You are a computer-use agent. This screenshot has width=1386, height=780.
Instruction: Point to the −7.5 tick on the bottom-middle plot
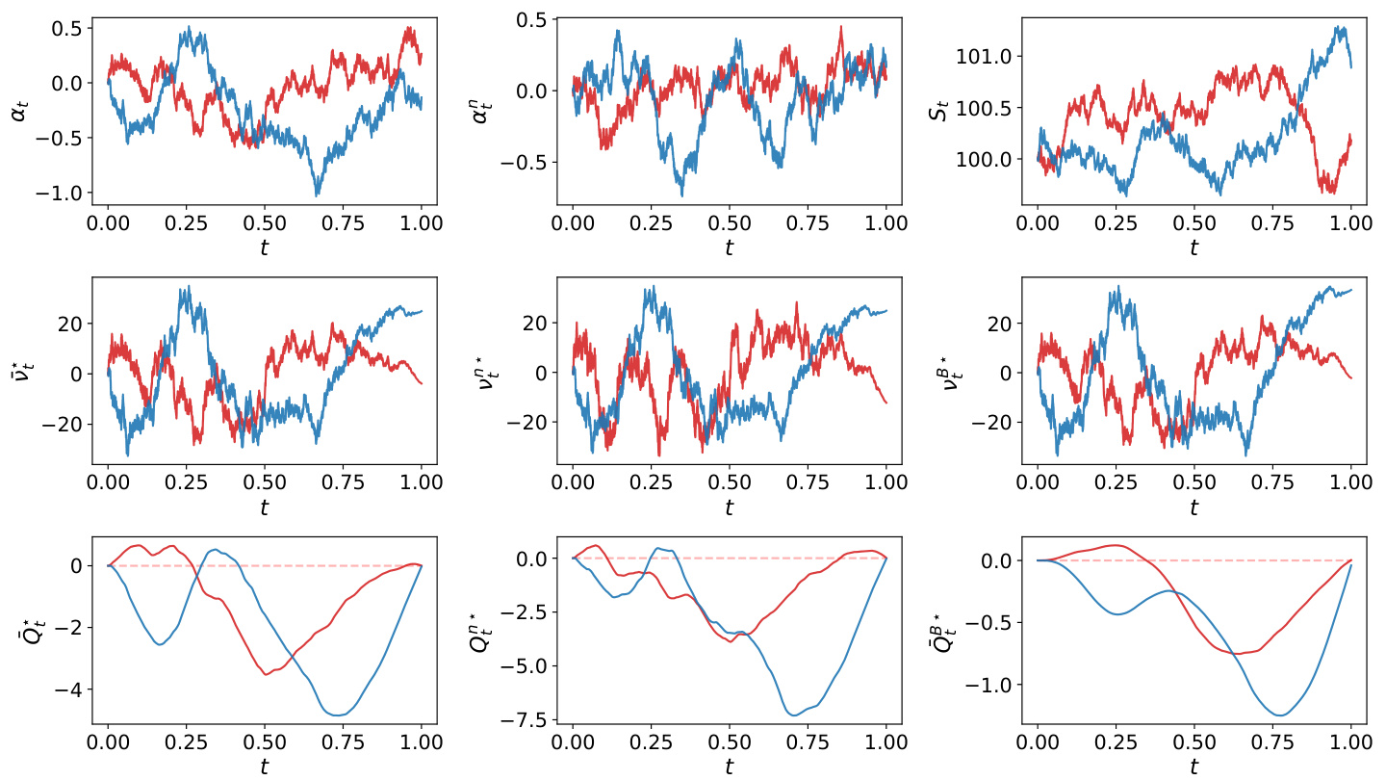coord(526,719)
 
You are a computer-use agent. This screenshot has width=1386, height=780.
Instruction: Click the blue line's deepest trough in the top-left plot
coord(317,195)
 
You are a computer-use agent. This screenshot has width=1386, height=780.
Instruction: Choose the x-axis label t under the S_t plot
coord(1193,247)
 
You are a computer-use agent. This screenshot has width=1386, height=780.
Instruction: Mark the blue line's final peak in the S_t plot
coord(1339,26)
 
